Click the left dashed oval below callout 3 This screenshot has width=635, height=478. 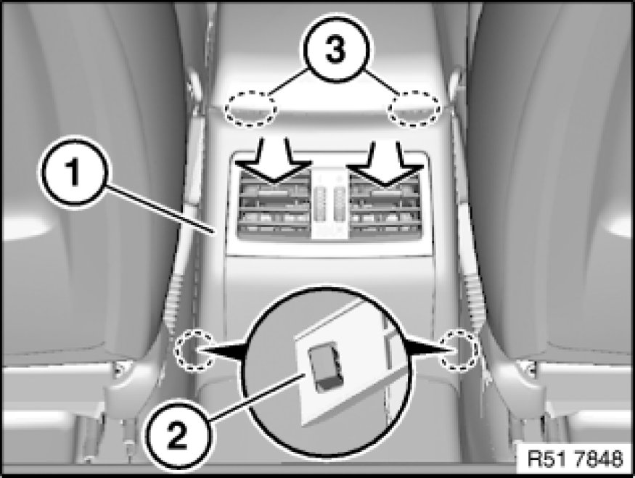(x=251, y=110)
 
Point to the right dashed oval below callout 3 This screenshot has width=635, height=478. (x=414, y=110)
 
